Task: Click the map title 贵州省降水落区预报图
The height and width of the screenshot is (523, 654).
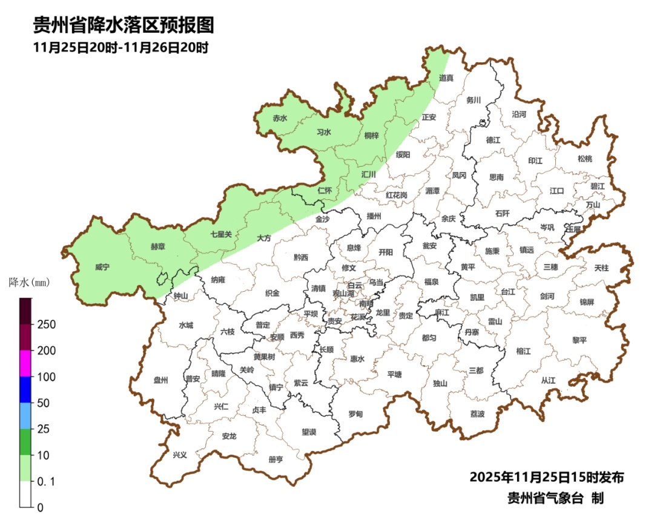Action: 124,25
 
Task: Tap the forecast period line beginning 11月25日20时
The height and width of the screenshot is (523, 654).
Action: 121,48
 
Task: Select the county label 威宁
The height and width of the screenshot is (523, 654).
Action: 103,267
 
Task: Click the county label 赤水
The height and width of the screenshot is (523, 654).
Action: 280,119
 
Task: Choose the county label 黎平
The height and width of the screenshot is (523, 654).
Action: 580,340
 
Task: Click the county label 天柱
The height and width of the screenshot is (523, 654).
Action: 601,267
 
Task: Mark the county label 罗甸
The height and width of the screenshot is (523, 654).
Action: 355,414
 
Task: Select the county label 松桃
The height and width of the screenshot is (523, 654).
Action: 584,159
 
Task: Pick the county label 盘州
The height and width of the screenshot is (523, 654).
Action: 160,380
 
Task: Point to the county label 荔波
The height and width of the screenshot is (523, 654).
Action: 477,414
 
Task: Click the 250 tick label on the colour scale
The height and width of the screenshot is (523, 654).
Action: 47,324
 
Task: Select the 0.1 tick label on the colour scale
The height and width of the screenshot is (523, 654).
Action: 47,481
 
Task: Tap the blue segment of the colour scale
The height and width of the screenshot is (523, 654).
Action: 25,389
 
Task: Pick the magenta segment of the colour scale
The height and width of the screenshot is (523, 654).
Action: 25,363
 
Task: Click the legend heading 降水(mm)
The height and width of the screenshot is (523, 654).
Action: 29,282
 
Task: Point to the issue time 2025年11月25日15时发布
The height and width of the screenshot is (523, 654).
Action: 547,477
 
